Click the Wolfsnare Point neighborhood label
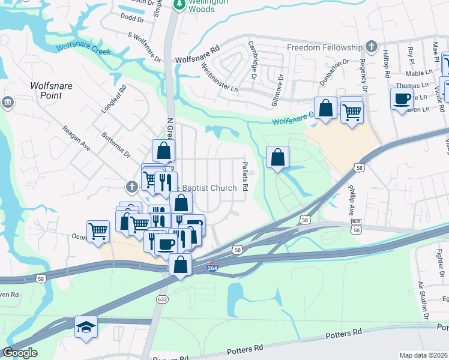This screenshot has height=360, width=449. (x=51, y=91)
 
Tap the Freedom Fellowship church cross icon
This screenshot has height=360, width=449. (x=372, y=47)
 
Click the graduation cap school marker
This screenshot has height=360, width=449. (x=86, y=326)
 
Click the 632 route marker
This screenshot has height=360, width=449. (x=163, y=299)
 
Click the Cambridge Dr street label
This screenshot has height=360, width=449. (x=253, y=61)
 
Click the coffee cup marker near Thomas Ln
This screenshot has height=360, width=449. (x=401, y=99)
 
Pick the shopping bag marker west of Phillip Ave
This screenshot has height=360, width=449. (x=277, y=158)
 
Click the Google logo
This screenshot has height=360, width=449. (x=19, y=353)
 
